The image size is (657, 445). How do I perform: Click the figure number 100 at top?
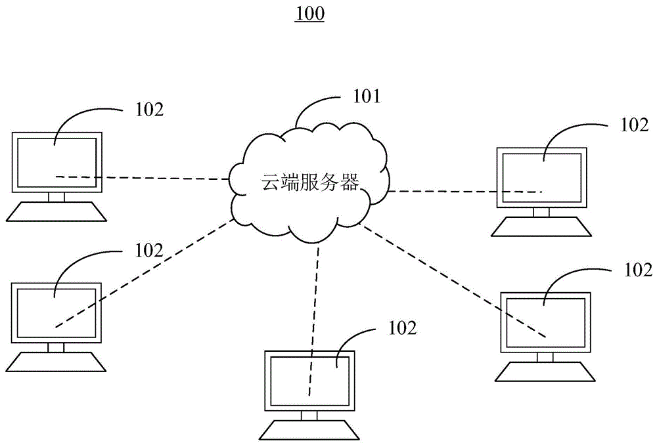click(x=310, y=14)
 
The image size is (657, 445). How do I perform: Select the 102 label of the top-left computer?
click(x=149, y=109)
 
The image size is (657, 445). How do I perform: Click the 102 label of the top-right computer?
click(x=634, y=125)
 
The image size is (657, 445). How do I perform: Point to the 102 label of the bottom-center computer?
click(x=403, y=328)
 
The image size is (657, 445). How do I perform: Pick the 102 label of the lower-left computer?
click(x=148, y=249)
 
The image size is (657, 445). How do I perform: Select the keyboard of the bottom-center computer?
click(x=309, y=430)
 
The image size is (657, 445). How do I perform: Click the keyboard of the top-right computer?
click(x=541, y=226)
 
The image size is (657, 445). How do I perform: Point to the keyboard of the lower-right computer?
click(x=545, y=372)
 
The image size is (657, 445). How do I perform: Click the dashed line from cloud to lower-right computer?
click(x=453, y=282)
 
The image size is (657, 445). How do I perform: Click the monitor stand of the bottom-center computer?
click(x=309, y=415)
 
